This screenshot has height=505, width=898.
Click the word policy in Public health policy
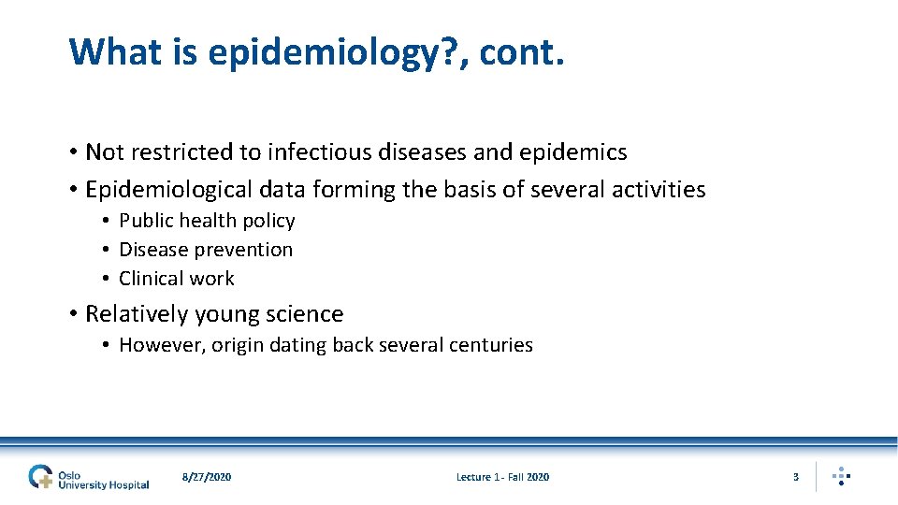coord(269,221)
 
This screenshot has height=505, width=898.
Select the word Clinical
coord(149,279)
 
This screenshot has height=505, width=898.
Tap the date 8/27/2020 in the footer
coord(207,477)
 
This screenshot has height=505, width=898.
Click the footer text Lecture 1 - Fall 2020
coord(502,477)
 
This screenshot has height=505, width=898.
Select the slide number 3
coord(796,477)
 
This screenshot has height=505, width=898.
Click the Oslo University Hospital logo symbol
coord(41,477)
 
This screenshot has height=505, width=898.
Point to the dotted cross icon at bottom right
coord(841,476)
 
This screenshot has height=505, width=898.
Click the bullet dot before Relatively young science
coord(73,314)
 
